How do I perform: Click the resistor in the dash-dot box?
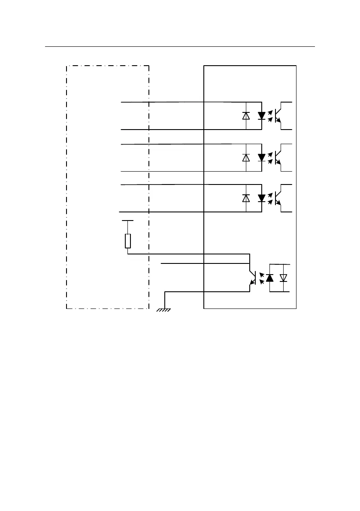point(128,241)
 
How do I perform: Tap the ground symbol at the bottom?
point(163,310)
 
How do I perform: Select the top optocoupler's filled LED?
point(261,116)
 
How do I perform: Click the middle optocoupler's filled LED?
point(261,157)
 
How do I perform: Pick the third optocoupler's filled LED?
point(261,198)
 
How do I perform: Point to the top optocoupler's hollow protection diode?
point(246,115)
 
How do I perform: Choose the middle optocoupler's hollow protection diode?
point(246,157)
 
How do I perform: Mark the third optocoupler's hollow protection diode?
point(246,198)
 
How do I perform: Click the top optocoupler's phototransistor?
point(280,116)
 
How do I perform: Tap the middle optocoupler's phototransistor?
point(280,157)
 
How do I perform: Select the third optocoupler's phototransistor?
point(280,198)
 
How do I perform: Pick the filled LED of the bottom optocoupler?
point(269,278)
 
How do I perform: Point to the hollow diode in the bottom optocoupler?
point(283,278)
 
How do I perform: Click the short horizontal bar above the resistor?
point(128,221)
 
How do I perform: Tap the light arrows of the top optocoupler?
point(270,116)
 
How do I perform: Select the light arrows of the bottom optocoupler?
point(260,278)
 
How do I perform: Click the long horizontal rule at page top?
point(180,47)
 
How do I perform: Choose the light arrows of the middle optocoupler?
point(270,157)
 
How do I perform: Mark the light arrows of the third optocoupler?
point(270,198)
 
